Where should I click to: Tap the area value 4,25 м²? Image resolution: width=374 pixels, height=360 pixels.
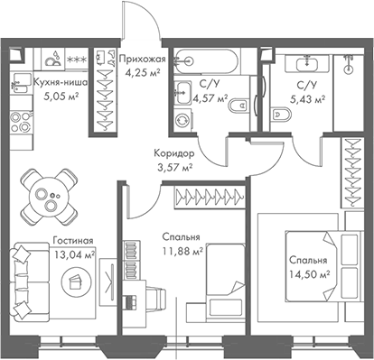(x=140, y=76)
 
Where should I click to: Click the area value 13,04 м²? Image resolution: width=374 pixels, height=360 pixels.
(x=72, y=255)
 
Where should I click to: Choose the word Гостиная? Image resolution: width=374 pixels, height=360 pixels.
(x=72, y=242)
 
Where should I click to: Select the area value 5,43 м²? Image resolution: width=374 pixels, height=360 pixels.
(x=308, y=99)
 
